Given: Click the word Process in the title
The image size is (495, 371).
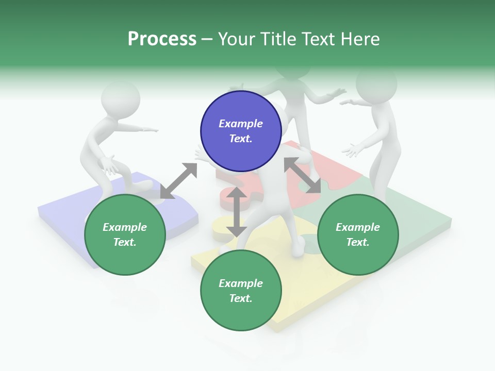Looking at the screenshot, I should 162,39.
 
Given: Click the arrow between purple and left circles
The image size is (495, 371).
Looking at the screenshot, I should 178,181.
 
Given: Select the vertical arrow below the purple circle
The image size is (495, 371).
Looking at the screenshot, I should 237,212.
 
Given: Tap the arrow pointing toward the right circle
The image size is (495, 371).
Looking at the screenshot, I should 302,175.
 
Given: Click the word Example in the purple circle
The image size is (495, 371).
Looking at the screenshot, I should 241,124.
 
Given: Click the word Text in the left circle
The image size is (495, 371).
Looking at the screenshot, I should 124,242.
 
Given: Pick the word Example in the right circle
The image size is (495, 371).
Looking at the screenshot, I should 358,227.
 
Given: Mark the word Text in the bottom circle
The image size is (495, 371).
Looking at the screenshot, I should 240,298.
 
